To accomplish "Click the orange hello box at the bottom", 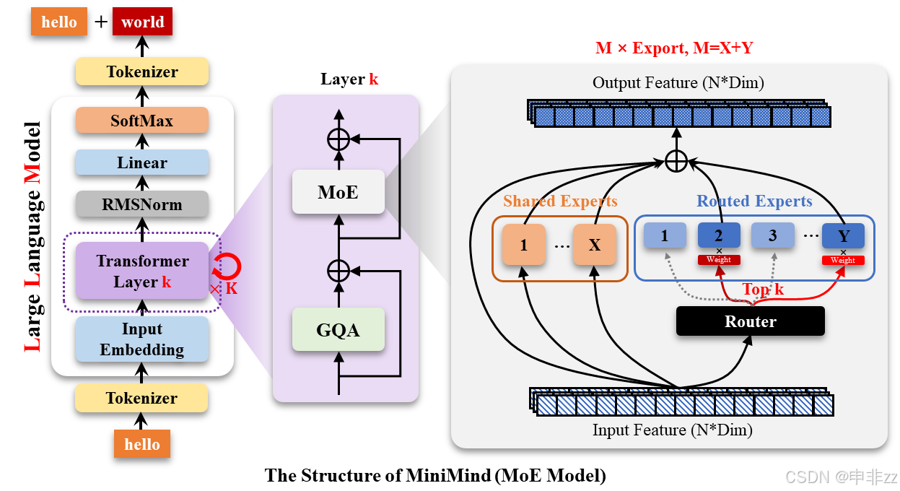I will click(141, 444).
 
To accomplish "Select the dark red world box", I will click(143, 22).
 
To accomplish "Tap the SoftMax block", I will click(141, 121).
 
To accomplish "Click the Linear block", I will click(141, 162).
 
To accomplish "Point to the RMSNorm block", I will click(141, 204).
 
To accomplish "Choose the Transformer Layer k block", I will click(141, 271).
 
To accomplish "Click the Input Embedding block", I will click(141, 339).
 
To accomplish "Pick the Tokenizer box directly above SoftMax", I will click(141, 71).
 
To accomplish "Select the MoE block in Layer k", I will click(338, 193).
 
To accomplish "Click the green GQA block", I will click(338, 330).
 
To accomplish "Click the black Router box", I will click(750, 321).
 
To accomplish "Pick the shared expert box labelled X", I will click(594, 245).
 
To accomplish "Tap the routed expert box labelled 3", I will click(772, 235).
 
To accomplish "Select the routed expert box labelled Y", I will click(843, 235).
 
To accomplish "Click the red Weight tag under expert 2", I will click(719, 260).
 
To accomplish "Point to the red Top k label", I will click(763, 290).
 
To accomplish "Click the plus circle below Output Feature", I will click(676, 161).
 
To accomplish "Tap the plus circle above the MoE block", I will click(338, 139).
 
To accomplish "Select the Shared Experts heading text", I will click(560, 201).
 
